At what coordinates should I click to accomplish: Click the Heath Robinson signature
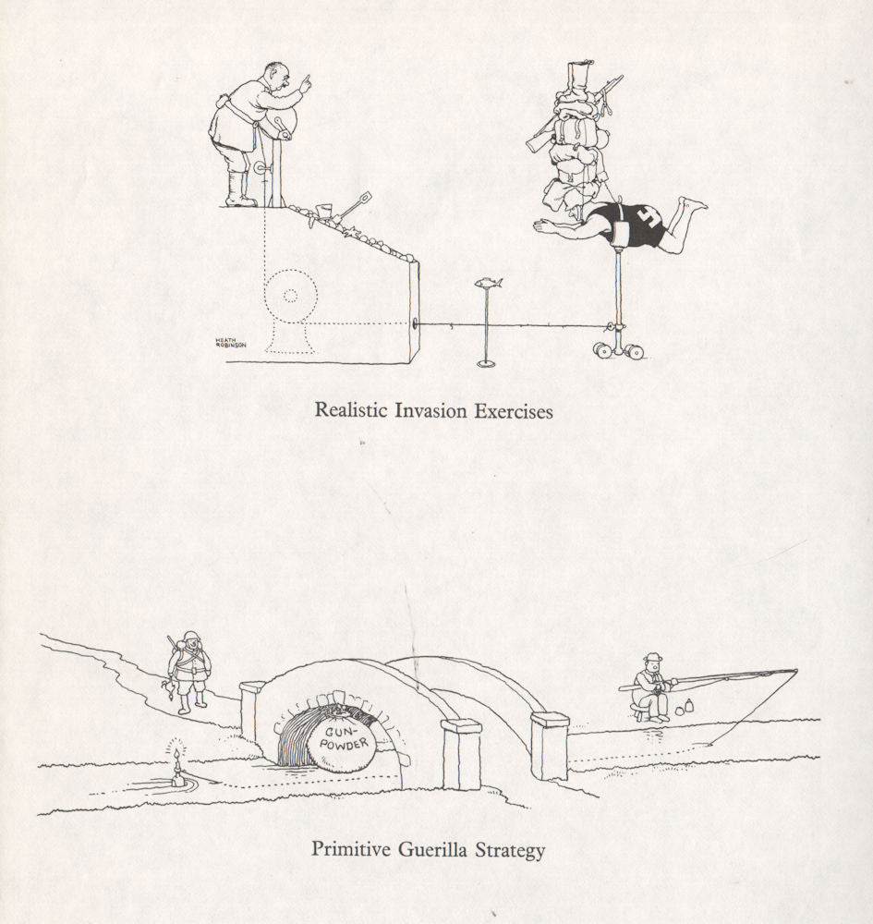(x=230, y=342)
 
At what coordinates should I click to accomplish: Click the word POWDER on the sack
(x=344, y=744)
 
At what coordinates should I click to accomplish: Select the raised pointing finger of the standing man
(x=306, y=83)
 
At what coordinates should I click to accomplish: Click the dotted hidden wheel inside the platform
(x=291, y=296)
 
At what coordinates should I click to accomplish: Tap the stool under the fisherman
(x=640, y=711)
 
